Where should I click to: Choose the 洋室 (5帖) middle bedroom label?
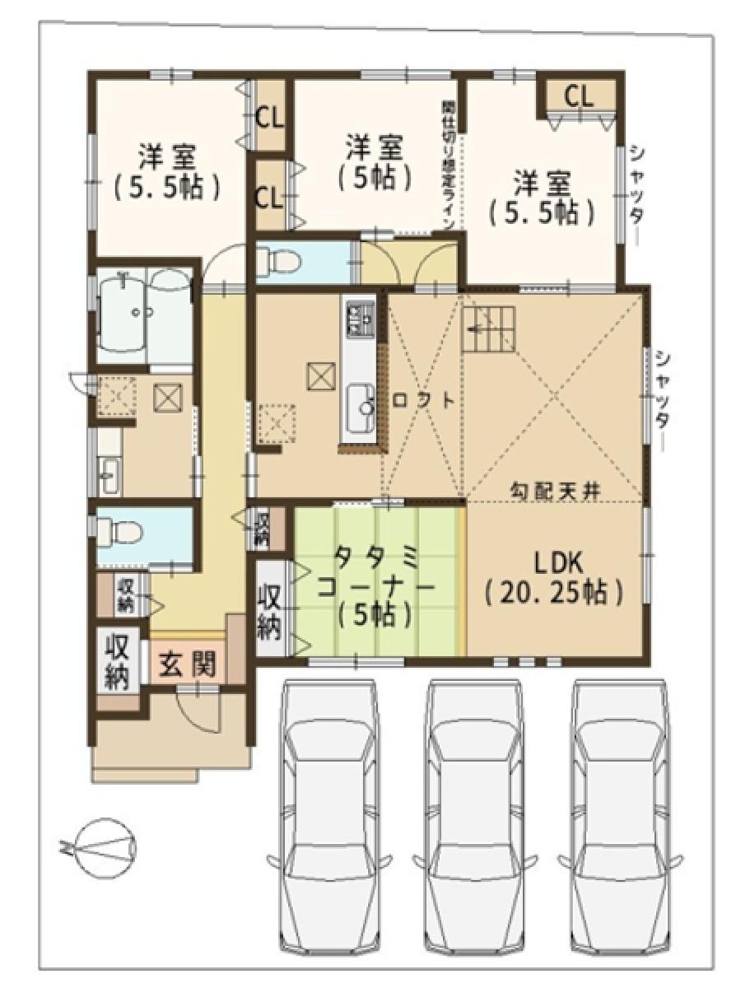click(374, 162)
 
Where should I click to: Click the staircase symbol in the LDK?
click(490, 328)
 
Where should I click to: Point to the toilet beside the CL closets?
click(277, 262)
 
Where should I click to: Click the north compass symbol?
click(100, 846)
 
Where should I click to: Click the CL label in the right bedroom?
click(578, 96)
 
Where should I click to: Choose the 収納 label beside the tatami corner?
click(271, 610)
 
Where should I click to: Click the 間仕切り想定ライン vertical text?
click(449, 169)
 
